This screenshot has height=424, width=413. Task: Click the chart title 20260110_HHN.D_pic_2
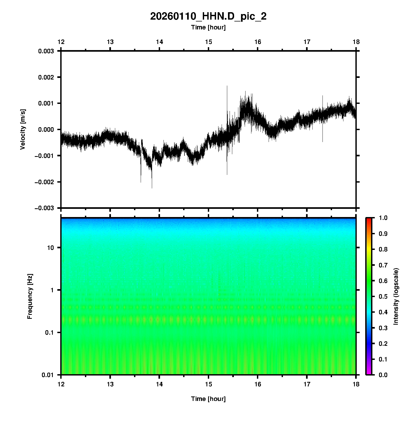click(x=208, y=16)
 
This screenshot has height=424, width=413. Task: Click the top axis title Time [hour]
click(x=208, y=27)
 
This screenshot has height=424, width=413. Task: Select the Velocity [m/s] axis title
click(x=23, y=129)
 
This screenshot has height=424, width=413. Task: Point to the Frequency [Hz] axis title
click(x=30, y=296)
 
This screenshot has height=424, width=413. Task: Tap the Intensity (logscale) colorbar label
click(x=396, y=296)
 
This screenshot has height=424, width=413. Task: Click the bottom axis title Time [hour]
click(x=208, y=399)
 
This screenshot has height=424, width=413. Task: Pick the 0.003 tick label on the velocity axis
click(x=46, y=51)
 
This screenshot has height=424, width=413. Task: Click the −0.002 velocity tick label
click(x=44, y=182)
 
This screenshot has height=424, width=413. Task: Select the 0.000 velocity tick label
click(x=46, y=130)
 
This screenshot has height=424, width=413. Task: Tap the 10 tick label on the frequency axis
click(x=50, y=248)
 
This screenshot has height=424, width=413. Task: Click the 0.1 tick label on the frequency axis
click(x=49, y=333)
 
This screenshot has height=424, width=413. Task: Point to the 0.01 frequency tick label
click(x=48, y=375)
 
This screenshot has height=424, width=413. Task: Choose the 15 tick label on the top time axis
click(x=208, y=42)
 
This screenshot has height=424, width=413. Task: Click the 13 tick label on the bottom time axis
click(x=110, y=384)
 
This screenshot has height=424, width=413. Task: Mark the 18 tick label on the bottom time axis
click(x=356, y=384)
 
